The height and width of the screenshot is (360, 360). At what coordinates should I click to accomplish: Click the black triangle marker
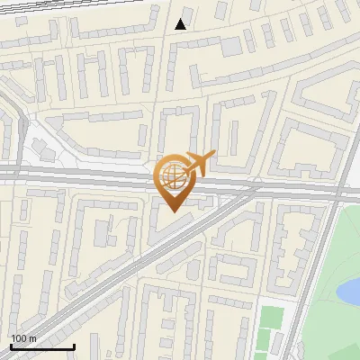(x=182, y=24)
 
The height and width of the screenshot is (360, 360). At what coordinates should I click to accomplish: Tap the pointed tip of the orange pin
(x=173, y=211)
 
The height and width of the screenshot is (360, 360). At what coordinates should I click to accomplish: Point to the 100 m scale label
(x=23, y=337)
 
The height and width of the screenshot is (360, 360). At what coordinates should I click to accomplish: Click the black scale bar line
(x=41, y=346)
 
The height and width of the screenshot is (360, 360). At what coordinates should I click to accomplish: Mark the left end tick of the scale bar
(x=10, y=345)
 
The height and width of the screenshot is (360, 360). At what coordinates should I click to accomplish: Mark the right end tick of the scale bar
(x=74, y=345)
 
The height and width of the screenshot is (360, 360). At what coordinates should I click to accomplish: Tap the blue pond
(x=349, y=291)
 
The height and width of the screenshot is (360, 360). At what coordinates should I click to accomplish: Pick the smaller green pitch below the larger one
(x=265, y=341)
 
